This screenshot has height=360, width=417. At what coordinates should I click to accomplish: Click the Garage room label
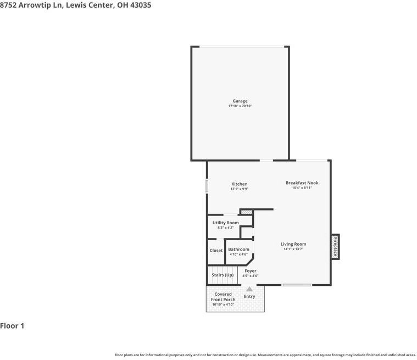pyautogui.click(x=240, y=101)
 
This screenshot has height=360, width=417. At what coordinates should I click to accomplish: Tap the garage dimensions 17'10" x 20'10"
pyautogui.click(x=240, y=106)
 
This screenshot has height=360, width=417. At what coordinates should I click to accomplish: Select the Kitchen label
pyautogui.click(x=239, y=184)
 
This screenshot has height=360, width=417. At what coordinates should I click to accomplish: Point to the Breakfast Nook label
pyautogui.click(x=302, y=183)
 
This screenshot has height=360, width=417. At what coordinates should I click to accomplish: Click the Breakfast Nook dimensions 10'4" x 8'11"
pyautogui.click(x=302, y=188)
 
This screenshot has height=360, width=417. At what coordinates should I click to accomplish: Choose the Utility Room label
pyautogui.click(x=225, y=223)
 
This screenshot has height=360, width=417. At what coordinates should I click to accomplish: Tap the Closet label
pyautogui.click(x=216, y=251)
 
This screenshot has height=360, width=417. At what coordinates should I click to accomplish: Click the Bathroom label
pyautogui.click(x=238, y=250)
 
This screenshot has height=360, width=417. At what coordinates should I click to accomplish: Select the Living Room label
pyautogui.click(x=293, y=244)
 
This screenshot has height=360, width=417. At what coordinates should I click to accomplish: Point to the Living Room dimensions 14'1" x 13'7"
pyautogui.click(x=293, y=249)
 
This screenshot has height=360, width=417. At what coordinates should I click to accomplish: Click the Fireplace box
pyautogui.click(x=335, y=247)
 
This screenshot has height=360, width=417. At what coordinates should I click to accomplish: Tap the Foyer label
pyautogui.click(x=250, y=271)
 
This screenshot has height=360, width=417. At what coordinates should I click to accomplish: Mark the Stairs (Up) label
pyautogui.click(x=223, y=275)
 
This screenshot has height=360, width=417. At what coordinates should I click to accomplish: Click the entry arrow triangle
pyautogui.click(x=249, y=289)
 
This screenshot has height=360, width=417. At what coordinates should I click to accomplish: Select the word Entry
pyautogui.click(x=249, y=297)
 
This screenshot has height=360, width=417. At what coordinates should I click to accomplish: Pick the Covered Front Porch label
pyautogui.click(x=223, y=297)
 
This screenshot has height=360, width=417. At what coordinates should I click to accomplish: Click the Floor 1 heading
pyautogui.click(x=12, y=326)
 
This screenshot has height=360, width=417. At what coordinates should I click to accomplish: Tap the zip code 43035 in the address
pyautogui.click(x=140, y=5)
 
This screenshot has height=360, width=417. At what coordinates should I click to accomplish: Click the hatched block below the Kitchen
pyautogui.click(x=247, y=211)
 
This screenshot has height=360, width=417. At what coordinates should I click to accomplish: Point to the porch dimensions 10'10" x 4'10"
pyautogui.click(x=223, y=304)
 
